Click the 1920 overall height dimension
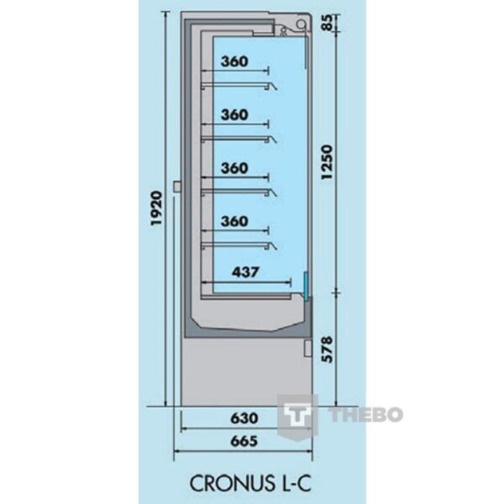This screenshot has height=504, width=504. (x=156, y=208)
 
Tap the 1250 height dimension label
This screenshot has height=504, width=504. (x=328, y=162)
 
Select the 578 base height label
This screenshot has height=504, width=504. (x=328, y=349)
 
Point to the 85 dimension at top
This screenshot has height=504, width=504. (x=328, y=22)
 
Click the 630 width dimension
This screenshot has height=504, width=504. (x=244, y=418)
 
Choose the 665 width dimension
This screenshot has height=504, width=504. (x=244, y=441)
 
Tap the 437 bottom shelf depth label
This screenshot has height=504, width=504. (x=245, y=272)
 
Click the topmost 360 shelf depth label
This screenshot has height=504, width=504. (x=234, y=61)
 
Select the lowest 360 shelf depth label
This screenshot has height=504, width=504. (x=234, y=221)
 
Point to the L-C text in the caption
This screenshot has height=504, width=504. (x=294, y=483)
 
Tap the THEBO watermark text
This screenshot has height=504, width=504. (x=365, y=414)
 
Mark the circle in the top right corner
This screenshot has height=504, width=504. (x=302, y=24)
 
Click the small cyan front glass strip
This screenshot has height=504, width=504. (x=307, y=284)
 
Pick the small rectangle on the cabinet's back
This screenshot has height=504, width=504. (x=176, y=186)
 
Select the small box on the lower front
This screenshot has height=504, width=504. (x=308, y=349)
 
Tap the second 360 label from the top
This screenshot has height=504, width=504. (x=234, y=115)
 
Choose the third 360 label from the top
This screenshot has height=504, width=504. (x=234, y=168)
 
